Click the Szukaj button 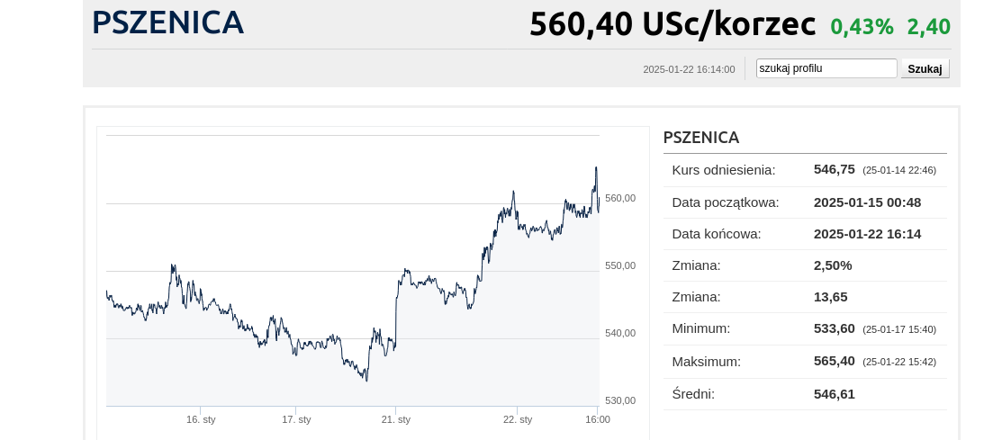coord(925,68)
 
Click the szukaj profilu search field coord(826,68)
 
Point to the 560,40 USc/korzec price coord(672,24)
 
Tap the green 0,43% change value coord(862,27)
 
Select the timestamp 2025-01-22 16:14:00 coord(689,69)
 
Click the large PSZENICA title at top coord(167,22)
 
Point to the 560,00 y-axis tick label coord(620,198)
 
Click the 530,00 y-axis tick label coord(620,400)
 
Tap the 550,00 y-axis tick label coord(620,265)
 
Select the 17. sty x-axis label coord(296,419)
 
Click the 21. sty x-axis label coord(396,419)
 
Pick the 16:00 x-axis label coord(598,419)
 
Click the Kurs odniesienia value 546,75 coord(834,169)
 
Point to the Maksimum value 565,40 coord(834,361)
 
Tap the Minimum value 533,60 coord(834,328)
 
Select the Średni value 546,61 coord(834,393)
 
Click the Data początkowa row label coord(725,202)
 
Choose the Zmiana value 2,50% coord(832,265)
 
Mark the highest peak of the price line coord(595,167)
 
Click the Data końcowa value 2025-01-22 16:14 coord(866,234)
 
